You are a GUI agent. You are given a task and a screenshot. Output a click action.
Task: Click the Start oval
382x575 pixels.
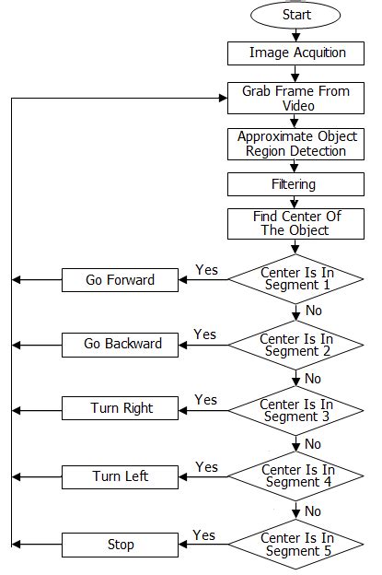[295, 15]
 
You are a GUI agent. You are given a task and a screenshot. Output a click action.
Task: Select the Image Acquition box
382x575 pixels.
[296, 53]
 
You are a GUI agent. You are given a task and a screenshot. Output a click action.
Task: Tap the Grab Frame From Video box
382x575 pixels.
[296, 99]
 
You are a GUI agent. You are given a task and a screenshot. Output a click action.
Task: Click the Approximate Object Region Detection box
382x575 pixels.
[296, 143]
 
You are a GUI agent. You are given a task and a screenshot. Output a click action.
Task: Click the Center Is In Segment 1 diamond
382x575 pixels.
[296, 279]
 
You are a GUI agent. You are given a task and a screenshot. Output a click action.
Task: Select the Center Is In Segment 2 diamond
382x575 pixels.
[296, 345]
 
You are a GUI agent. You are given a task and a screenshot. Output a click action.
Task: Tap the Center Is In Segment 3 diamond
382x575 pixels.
[296, 410]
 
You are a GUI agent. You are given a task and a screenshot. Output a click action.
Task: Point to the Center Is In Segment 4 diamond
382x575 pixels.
[296, 476]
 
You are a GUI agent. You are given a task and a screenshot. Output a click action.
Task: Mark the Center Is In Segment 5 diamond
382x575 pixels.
[296, 544]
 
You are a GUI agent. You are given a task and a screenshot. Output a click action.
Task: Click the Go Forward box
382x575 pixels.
[121, 279]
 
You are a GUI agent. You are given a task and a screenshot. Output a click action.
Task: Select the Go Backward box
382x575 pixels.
[121, 344]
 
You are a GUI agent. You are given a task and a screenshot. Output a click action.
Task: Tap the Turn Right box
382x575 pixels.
[121, 408]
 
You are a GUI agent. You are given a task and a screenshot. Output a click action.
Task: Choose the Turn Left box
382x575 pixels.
[121, 476]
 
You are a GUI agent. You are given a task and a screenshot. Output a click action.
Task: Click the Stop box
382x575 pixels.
[121, 544]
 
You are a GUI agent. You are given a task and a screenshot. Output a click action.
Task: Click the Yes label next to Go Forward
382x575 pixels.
[207, 270]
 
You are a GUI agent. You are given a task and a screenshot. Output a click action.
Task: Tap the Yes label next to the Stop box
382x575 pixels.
[204, 535]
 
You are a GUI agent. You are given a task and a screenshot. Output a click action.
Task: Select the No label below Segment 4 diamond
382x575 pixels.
[313, 510]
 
